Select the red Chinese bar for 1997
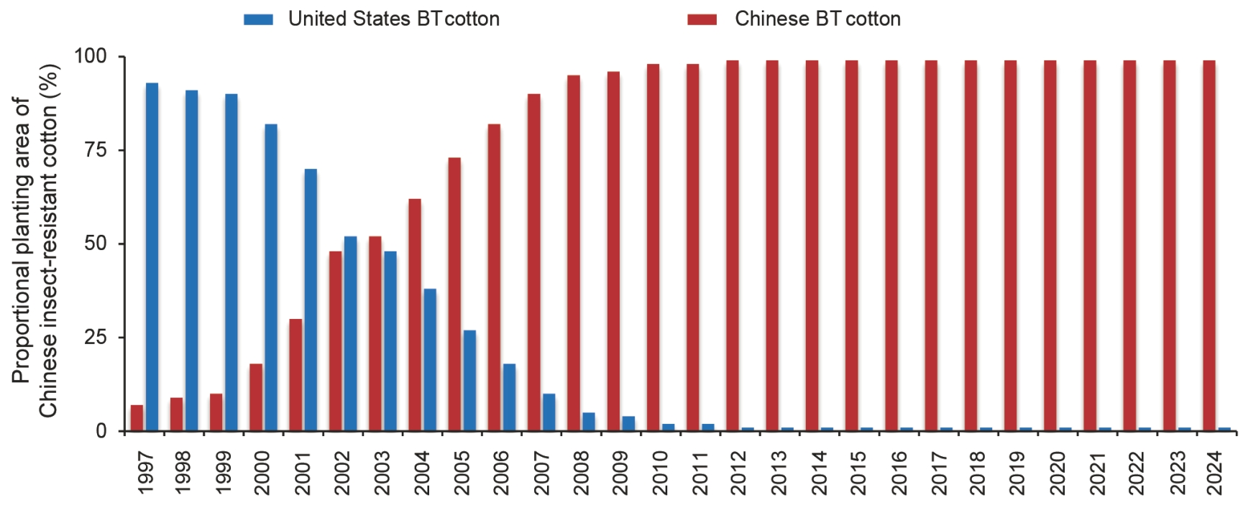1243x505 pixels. pyautogui.click(x=137, y=418)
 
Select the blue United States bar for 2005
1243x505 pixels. pyautogui.click(x=469, y=380)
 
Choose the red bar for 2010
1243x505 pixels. pyautogui.click(x=653, y=247)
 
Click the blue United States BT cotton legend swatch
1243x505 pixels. pyautogui.click(x=258, y=19)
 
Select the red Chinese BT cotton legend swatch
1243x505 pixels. pyautogui.click(x=702, y=19)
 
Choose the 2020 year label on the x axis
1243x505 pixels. pyautogui.click(x=1058, y=473)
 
